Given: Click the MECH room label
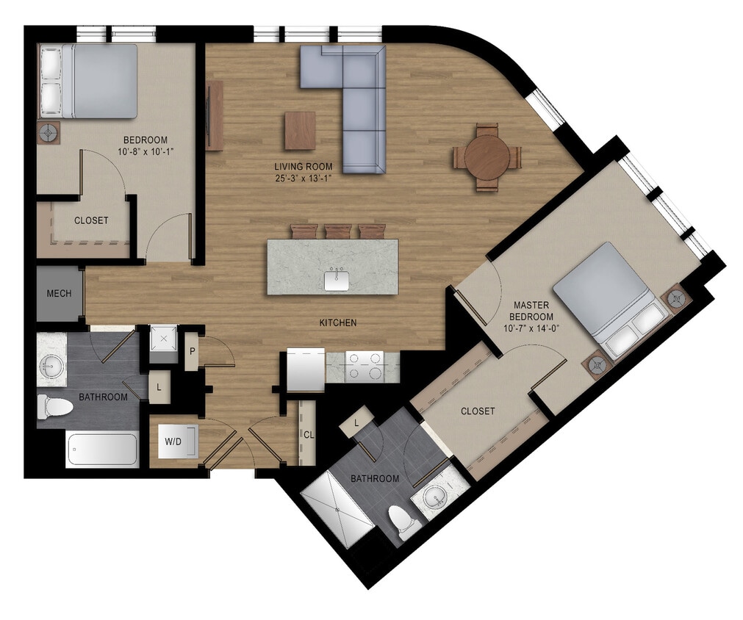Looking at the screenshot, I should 59,294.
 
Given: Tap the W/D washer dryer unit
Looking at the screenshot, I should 174,442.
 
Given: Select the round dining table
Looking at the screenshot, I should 487,157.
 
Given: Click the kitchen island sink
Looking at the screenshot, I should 337,280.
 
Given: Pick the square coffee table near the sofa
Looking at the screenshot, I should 300,130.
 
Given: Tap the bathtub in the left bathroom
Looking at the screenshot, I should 102,450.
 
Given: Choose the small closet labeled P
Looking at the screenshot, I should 191,351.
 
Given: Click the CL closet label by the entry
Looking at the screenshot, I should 309,433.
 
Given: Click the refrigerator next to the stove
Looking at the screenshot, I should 306,370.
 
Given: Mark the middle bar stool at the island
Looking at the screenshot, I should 338,231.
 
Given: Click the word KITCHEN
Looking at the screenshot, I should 338,322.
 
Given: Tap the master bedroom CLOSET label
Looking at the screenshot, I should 478,411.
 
